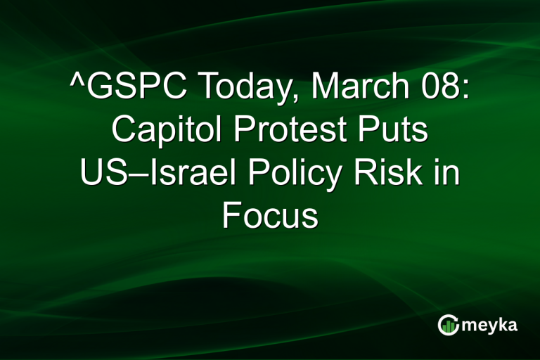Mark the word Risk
click(382, 173)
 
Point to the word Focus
click(270, 216)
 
